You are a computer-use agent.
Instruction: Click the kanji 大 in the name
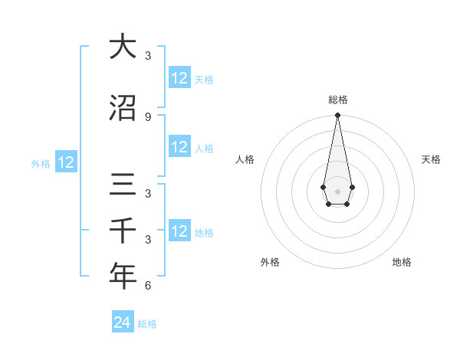tap(123, 47)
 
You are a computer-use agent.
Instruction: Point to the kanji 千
tap(123, 230)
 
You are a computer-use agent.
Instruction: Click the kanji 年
tap(123, 276)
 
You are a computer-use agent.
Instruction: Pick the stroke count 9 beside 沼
tap(148, 116)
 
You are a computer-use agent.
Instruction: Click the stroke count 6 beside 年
tap(148, 286)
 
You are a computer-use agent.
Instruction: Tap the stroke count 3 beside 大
tap(148, 56)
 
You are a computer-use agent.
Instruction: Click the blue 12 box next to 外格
tap(66, 162)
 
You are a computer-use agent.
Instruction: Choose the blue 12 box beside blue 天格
tap(179, 78)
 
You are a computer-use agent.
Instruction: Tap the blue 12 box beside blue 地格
tap(179, 231)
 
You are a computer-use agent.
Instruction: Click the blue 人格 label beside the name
tap(204, 148)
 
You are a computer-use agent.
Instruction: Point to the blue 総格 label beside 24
tap(147, 324)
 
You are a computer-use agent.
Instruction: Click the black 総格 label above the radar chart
tap(337, 100)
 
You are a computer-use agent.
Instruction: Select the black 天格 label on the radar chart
tap(431, 159)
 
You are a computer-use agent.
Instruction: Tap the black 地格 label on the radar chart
tap(402, 262)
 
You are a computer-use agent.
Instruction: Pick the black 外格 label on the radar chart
tap(270, 262)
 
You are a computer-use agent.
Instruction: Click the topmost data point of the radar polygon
tap(337, 116)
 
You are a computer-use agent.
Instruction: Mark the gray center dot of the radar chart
tap(337, 191)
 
